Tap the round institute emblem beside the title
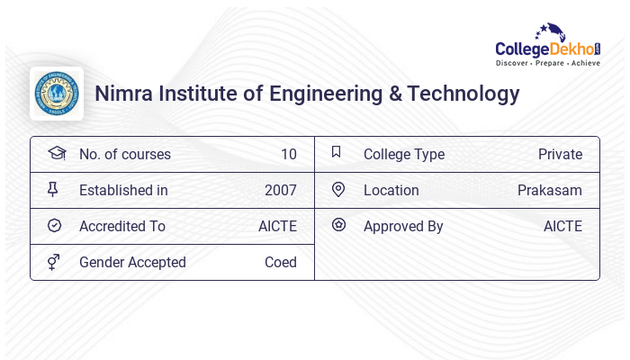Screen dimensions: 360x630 (57, 94)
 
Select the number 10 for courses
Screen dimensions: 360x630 (288, 154)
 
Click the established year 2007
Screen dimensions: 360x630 (280, 190)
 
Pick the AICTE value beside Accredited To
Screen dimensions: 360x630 (277, 226)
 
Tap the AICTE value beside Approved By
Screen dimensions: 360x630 (562, 226)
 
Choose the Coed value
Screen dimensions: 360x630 (280, 262)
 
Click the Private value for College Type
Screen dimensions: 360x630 (560, 154)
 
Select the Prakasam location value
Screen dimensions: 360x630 (549, 190)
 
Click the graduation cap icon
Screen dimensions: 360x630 (57, 153)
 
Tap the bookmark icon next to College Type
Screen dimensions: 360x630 (337, 152)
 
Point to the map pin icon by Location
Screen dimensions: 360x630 (338, 189)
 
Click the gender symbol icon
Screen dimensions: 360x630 (54, 262)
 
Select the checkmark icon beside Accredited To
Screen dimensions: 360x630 (55, 226)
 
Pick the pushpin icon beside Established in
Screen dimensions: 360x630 (53, 189)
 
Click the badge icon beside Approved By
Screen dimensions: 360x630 (338, 225)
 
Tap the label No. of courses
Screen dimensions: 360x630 (124, 154)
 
